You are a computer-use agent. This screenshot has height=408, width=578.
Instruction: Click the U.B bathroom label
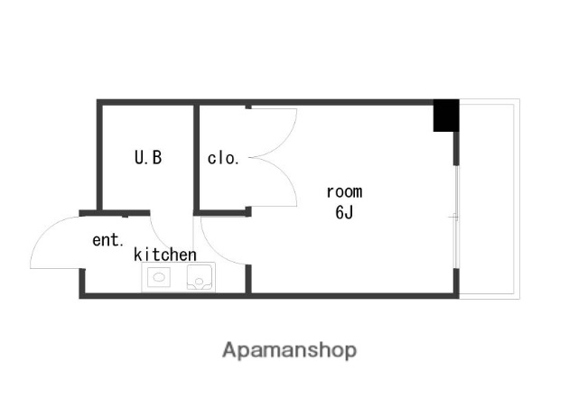[x=148, y=157]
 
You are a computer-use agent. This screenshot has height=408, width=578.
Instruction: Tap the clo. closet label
[x=223, y=158]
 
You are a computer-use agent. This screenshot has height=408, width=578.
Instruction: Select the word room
[x=345, y=192]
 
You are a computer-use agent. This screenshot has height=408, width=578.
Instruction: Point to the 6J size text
[x=344, y=212]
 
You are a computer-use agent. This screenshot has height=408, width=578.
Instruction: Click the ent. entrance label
[x=107, y=240]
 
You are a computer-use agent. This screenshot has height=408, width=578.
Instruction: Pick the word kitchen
[x=164, y=255]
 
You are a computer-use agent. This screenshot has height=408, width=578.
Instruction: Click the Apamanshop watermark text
[x=289, y=350]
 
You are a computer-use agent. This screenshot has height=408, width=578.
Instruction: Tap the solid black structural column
[x=446, y=116]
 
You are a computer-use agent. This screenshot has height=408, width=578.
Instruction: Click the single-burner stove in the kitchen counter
[x=159, y=277]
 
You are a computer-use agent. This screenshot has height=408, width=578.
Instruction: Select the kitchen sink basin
[x=200, y=277]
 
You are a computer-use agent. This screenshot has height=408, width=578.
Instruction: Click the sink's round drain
[x=199, y=282]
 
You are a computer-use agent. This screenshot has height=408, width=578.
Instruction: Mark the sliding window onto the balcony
[x=456, y=217]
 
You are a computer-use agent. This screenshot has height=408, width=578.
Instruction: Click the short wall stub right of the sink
[x=248, y=279]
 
